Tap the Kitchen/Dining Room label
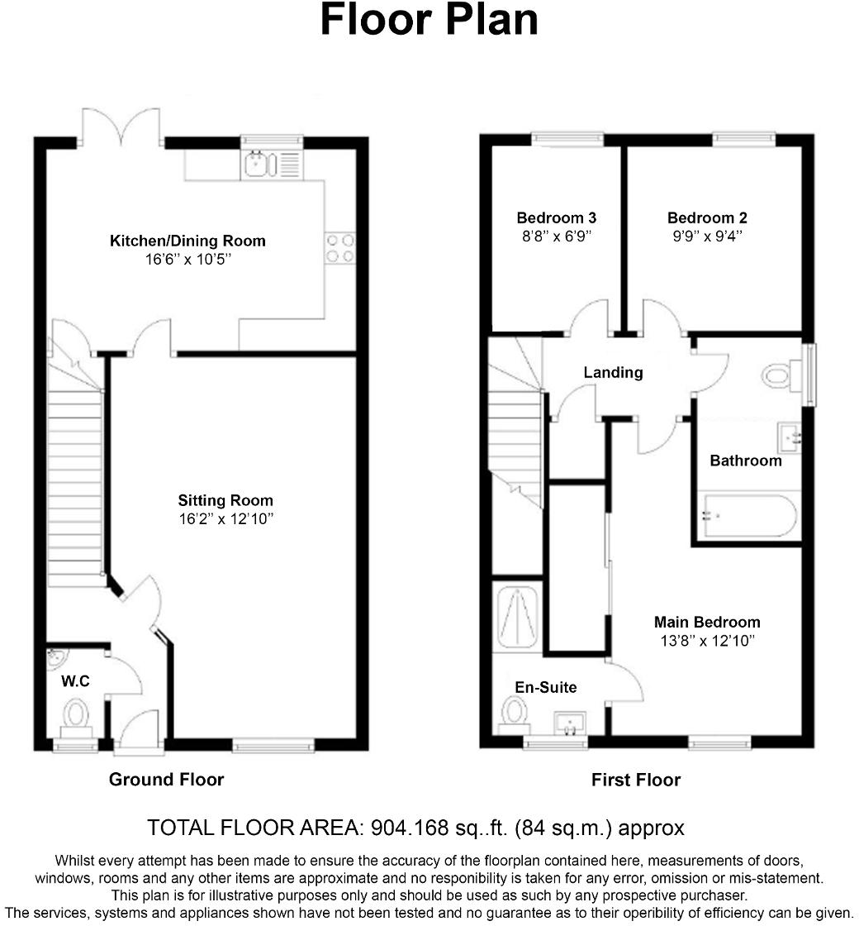click(x=187, y=241)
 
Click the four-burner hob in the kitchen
click(x=340, y=248)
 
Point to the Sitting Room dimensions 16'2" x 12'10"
click(x=225, y=518)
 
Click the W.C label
click(x=75, y=682)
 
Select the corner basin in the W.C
click(x=56, y=659)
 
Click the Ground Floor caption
click(x=166, y=779)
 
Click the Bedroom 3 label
click(x=556, y=218)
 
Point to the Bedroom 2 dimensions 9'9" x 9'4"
click(x=707, y=236)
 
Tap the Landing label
click(x=613, y=373)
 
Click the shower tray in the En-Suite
click(x=516, y=617)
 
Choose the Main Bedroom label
click(x=707, y=622)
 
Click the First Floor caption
click(x=635, y=779)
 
